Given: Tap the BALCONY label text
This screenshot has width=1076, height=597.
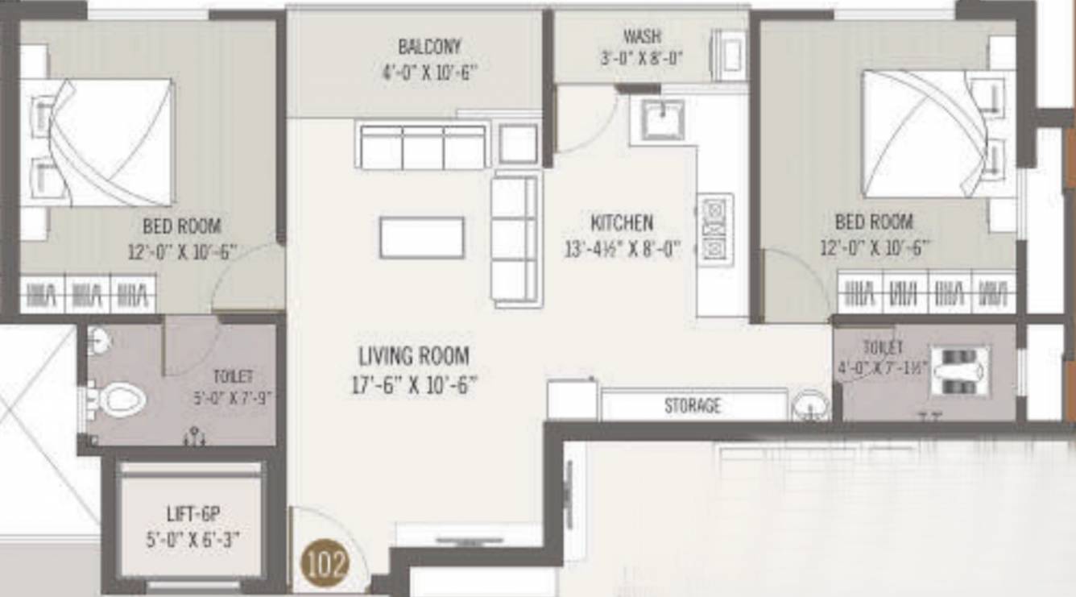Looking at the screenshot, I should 429,47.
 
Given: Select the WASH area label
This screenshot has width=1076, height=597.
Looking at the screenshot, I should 642,36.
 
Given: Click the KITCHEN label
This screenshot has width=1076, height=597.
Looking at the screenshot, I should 622,222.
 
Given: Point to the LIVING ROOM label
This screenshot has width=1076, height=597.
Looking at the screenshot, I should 413,355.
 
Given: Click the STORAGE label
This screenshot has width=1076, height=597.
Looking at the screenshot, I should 692,405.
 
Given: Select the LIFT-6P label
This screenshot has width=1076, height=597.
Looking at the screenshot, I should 192,514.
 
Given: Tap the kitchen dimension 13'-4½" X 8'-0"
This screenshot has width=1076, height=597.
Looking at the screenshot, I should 623,250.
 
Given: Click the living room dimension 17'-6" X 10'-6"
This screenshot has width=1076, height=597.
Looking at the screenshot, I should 413,385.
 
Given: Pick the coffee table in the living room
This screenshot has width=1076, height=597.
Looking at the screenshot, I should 422,238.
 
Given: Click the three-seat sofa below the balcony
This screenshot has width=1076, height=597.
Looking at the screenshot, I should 423,146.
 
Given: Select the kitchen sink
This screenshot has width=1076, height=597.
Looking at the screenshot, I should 662,120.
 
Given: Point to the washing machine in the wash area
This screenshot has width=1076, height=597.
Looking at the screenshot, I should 729,55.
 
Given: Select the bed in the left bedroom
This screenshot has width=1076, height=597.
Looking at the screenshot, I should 105,142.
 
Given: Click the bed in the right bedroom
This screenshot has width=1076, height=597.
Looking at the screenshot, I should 926,134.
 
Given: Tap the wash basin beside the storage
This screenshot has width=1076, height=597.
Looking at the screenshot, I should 809,405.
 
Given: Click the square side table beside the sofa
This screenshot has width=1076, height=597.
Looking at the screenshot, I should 517,144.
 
